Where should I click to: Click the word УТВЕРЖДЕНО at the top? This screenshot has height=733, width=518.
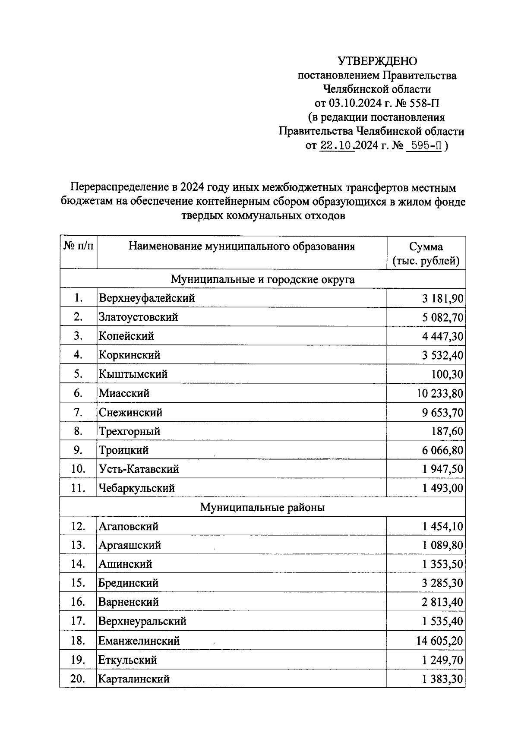tap(377, 61)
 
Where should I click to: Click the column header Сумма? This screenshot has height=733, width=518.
tap(426, 247)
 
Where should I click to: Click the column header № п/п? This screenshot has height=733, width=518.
tap(78, 246)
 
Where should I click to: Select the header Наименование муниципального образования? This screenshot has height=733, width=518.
tap(242, 246)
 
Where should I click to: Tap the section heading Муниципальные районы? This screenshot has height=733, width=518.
tap(262, 507)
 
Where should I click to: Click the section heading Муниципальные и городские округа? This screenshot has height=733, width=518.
tap(262, 279)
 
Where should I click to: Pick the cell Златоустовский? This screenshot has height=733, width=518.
tap(138, 317)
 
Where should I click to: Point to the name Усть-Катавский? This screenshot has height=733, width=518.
tap(139, 469)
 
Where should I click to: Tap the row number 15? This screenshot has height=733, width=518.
tap(78, 583)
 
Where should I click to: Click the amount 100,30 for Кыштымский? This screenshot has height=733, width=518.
tap(447, 374)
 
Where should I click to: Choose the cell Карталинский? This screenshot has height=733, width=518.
tap(134, 679)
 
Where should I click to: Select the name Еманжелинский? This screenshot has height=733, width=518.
tap(139, 641)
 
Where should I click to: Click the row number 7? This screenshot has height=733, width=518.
tap(78, 412)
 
